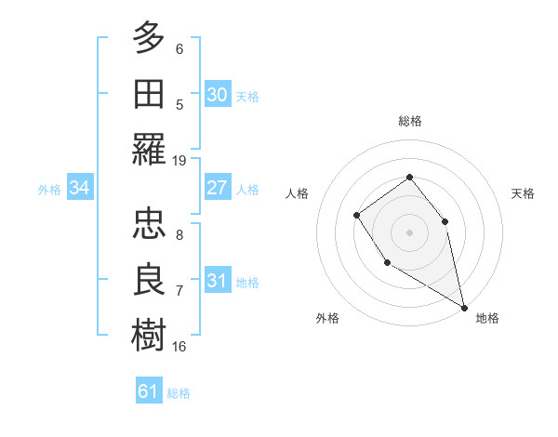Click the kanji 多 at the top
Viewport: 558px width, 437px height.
(149, 38)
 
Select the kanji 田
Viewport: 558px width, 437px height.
(149, 93)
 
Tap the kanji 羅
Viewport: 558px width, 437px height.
(149, 150)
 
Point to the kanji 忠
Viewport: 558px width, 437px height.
(149, 223)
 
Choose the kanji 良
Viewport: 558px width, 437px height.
(149, 279)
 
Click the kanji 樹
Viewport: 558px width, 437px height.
(149, 335)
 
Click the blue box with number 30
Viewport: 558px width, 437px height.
(218, 95)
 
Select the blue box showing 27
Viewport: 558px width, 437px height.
(218, 188)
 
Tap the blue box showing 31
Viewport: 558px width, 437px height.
(218, 281)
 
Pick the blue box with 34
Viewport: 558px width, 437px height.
(80, 189)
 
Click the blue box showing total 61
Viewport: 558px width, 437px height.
(149, 391)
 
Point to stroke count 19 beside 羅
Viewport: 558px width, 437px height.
(179, 160)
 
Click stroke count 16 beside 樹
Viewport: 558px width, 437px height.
(179, 347)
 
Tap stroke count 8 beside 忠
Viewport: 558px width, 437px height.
(179, 235)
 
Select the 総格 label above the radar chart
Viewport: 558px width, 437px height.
(410, 121)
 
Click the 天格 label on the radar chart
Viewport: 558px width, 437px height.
(523, 193)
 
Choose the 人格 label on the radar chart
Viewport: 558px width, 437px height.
(297, 193)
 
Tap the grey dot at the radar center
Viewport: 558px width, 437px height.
(409, 232)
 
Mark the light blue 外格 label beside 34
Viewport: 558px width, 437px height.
(49, 190)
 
